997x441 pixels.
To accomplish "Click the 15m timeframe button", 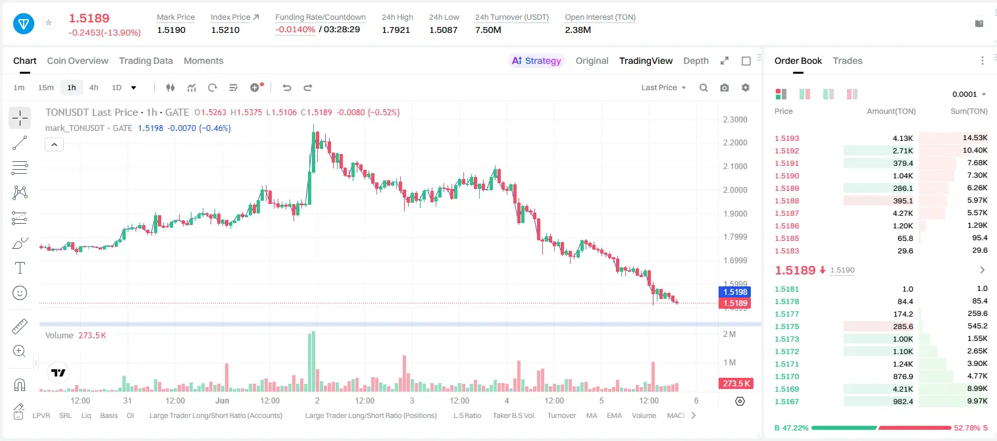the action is [x=45, y=88].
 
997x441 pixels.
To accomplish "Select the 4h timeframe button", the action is [x=93, y=88].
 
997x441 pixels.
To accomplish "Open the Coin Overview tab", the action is [x=78, y=61].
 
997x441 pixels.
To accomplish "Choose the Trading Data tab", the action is [x=145, y=61].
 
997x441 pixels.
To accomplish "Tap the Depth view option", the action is [x=696, y=61].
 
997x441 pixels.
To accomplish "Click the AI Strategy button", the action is [x=536, y=61].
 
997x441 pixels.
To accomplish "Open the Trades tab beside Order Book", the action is [x=847, y=61].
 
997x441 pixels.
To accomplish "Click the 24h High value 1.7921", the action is [x=396, y=30].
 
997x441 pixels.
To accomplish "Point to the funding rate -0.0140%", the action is [x=295, y=30].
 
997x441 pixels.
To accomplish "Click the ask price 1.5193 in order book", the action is [x=786, y=138].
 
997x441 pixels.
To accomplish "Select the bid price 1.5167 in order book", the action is [x=786, y=402].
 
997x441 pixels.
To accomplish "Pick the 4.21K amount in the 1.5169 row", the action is [x=903, y=389].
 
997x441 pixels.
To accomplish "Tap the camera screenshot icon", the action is [x=724, y=88].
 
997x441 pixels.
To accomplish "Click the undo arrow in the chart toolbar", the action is [x=287, y=88].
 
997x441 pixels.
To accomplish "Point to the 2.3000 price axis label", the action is [x=735, y=120].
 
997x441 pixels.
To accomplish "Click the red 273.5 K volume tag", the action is [x=736, y=384].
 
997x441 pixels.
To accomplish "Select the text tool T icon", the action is [x=20, y=268].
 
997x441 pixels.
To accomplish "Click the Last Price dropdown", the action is [x=663, y=88].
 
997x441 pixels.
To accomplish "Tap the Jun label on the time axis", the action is [x=222, y=400].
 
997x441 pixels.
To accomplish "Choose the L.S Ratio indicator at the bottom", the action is [x=467, y=415].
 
